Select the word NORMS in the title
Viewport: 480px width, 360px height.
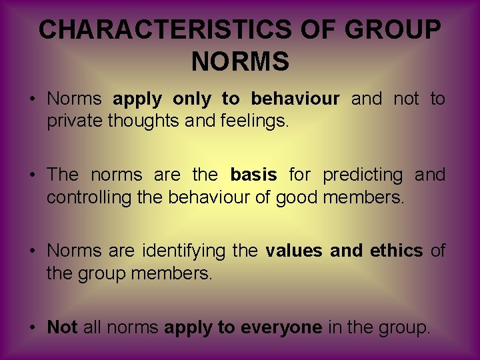click(x=240, y=61)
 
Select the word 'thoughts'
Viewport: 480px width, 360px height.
click(x=139, y=122)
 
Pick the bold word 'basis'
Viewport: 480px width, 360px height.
click(x=253, y=175)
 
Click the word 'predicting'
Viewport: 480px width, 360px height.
click(x=363, y=175)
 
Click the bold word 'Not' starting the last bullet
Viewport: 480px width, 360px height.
click(x=63, y=327)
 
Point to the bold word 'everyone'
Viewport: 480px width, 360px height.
click(x=282, y=327)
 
